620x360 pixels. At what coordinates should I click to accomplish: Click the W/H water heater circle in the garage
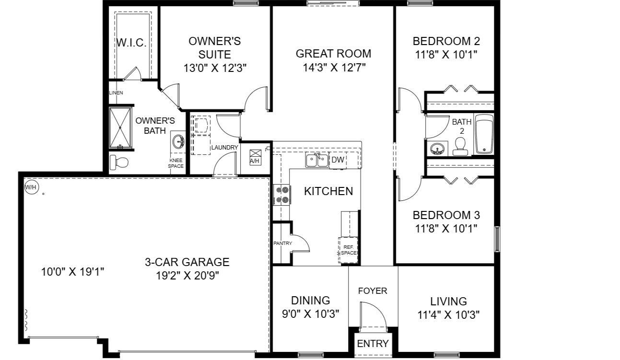(31, 187)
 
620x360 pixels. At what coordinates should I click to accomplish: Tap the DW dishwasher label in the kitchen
(338, 160)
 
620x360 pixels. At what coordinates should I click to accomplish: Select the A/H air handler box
(255, 157)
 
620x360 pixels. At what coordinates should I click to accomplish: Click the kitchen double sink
(316, 160)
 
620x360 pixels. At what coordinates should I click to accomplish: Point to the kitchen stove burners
(282, 195)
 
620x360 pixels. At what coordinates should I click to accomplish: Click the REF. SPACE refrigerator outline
(349, 250)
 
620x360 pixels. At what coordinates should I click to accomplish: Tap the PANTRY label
(282, 244)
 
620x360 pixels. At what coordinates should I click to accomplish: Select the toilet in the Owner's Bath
(119, 163)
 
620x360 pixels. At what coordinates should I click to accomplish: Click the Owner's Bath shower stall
(120, 128)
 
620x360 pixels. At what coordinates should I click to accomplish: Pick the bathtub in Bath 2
(484, 135)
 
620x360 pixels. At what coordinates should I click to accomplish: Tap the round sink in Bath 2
(437, 149)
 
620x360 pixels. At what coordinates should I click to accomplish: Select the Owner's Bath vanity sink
(179, 142)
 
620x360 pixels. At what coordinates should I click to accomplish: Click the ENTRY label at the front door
(373, 343)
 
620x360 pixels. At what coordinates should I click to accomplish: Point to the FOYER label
(373, 290)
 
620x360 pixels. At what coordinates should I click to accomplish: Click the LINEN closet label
(116, 93)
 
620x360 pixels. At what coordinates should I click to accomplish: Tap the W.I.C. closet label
(131, 43)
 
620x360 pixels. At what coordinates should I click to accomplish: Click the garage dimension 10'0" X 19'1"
(72, 272)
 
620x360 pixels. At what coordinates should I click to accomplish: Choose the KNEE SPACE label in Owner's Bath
(175, 163)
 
